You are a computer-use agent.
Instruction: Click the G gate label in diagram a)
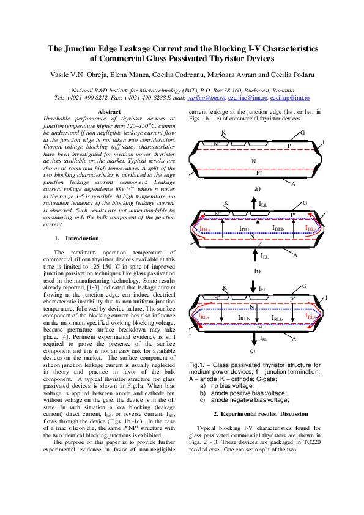click(x=302, y=132)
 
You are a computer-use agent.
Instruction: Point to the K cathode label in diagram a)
click(x=223, y=133)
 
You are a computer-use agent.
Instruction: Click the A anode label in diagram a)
click(x=294, y=183)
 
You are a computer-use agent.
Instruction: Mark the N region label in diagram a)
click(x=252, y=160)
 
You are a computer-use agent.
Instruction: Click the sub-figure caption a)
click(x=257, y=190)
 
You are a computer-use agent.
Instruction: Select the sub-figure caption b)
click(x=257, y=270)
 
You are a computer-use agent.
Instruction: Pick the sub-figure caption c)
click(x=253, y=351)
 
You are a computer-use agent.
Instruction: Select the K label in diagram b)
click(x=226, y=202)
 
